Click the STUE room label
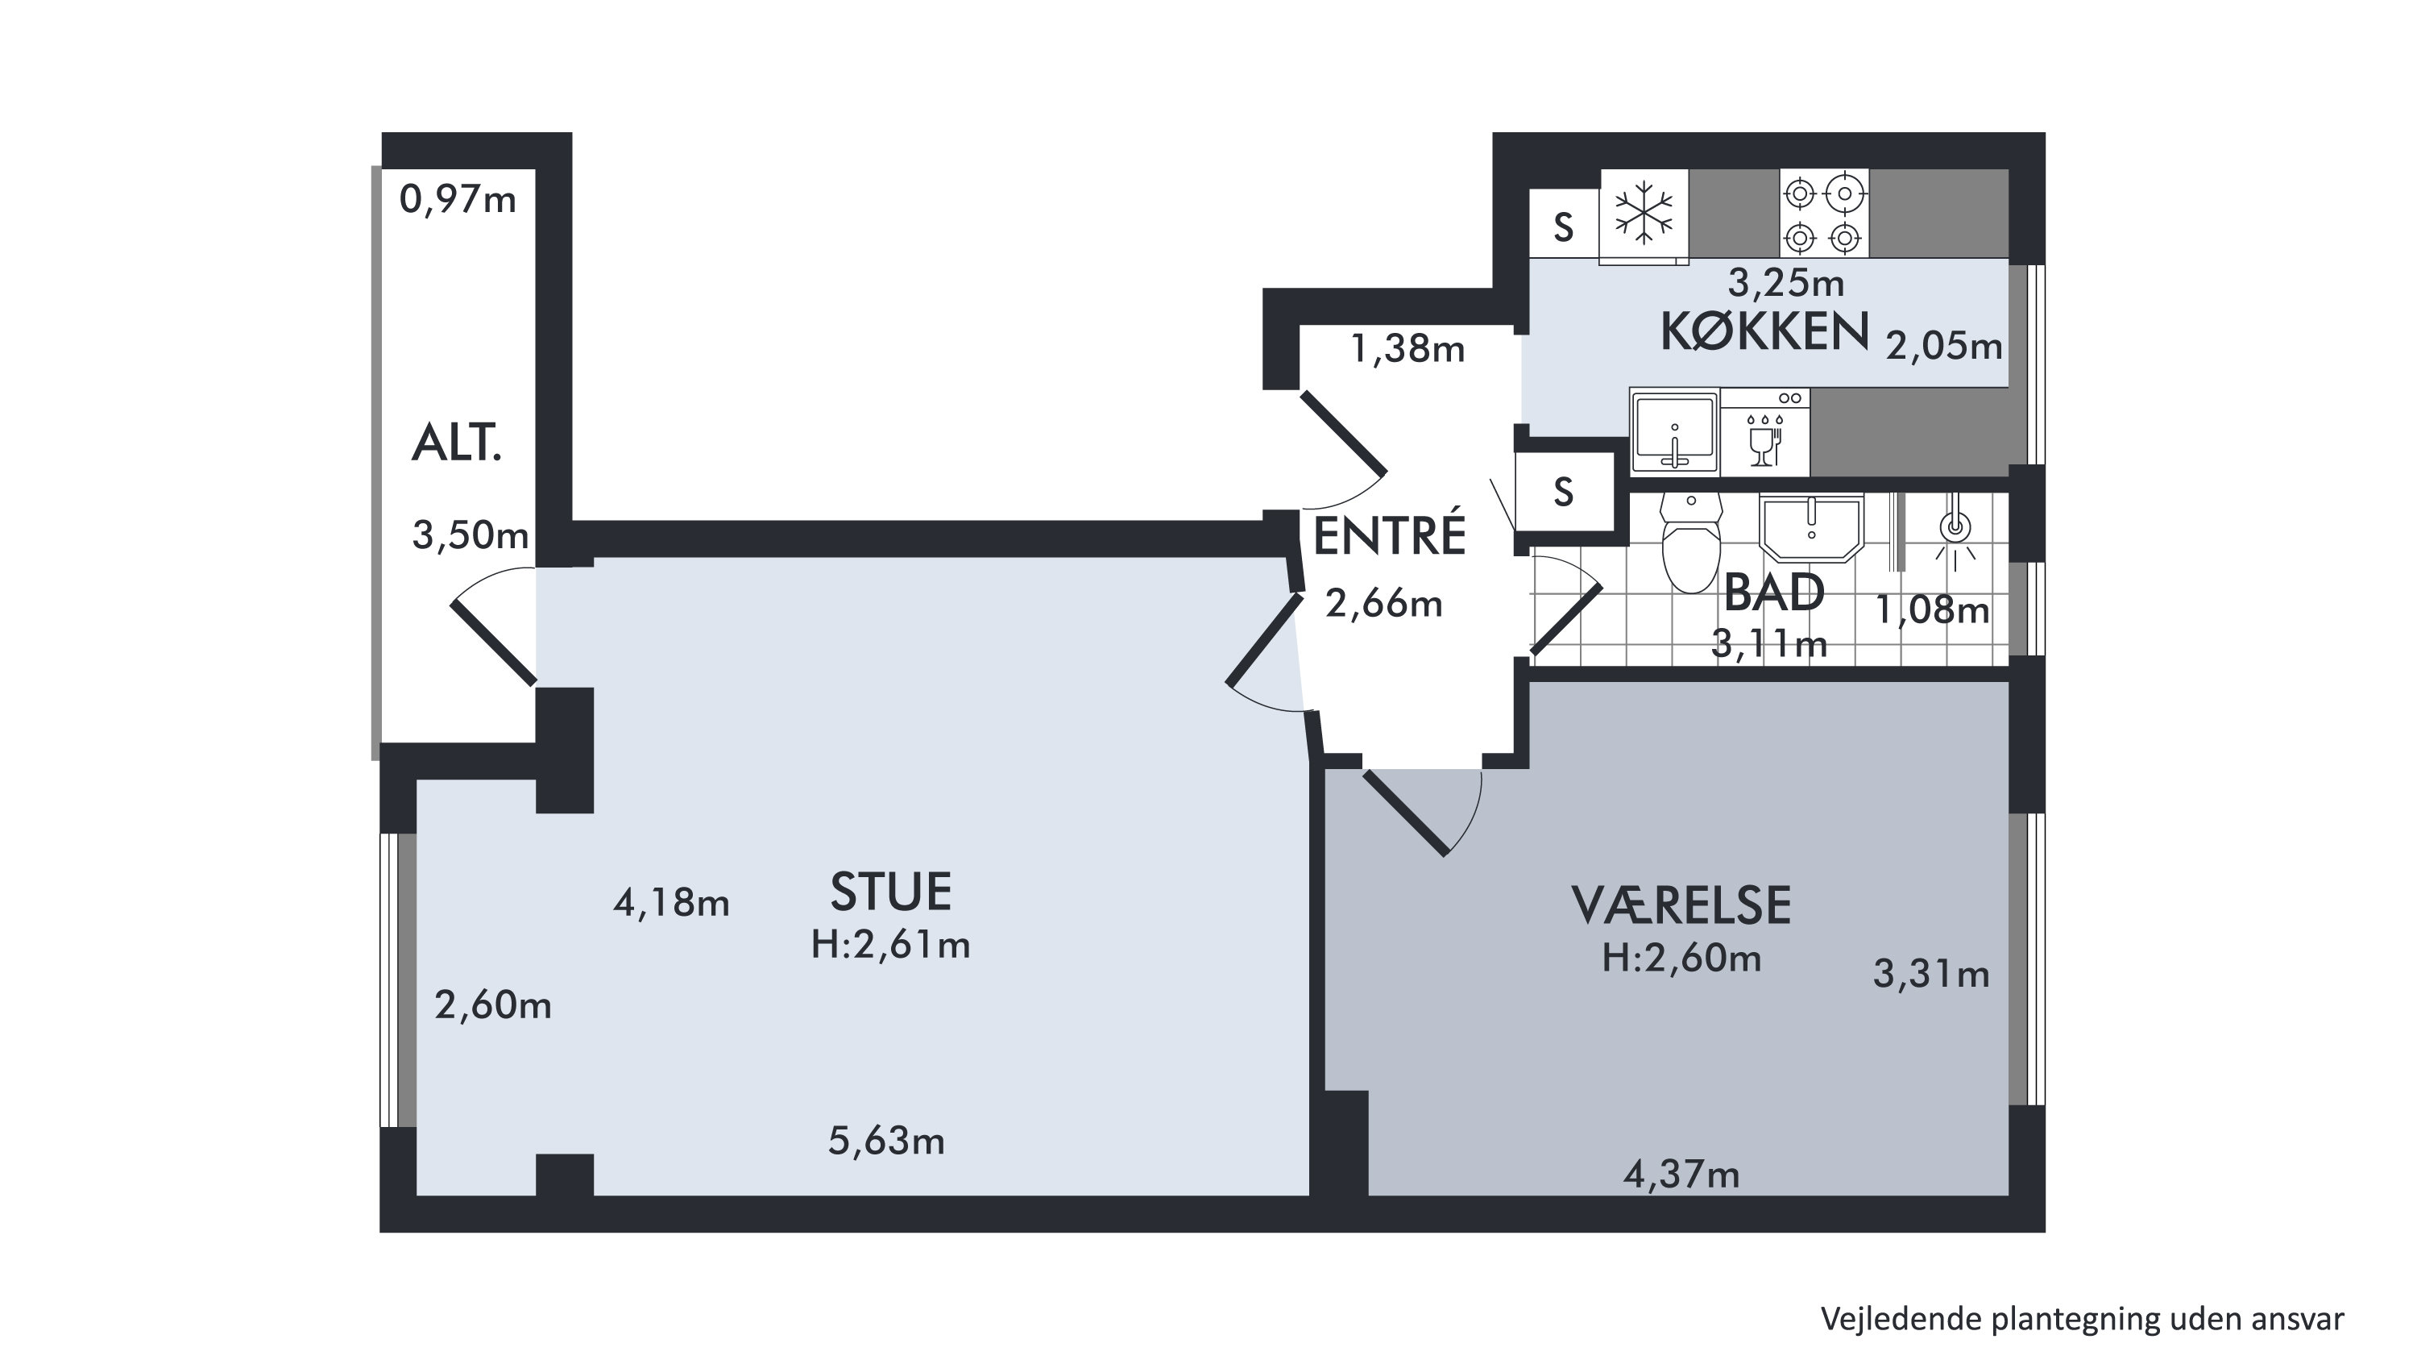[890, 892]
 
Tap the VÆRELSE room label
[1681, 907]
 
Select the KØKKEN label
[1764, 332]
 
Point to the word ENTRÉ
[1389, 536]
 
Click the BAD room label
[1774, 593]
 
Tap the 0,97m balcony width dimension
[458, 199]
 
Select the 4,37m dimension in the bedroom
[1681, 1175]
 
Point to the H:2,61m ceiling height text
[890, 945]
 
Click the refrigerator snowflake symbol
[1644, 214]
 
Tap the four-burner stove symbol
[1824, 213]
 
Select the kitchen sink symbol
[1675, 433]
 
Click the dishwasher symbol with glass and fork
[1765, 433]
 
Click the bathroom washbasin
[1811, 527]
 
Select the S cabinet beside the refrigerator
[1564, 224]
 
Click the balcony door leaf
[495, 643]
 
